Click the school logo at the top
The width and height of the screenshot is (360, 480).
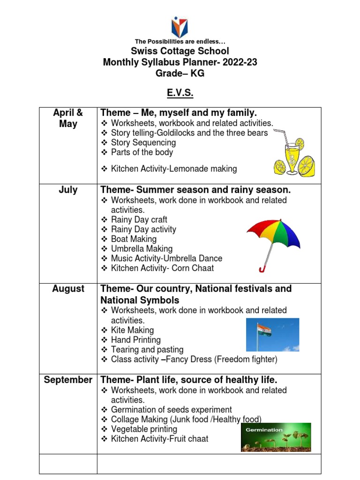[180, 28]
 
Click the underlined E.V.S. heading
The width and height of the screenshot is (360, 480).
[180, 93]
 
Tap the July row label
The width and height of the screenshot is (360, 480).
[68, 190]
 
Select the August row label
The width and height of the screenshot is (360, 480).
[68, 289]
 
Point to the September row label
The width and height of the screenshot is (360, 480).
[68, 380]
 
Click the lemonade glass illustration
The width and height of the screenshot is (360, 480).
[293, 157]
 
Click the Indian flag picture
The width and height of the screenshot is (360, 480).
[272, 335]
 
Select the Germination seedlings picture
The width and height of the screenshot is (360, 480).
[276, 437]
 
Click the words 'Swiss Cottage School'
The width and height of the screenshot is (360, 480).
[180, 51]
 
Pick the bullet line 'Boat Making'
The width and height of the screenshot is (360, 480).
[134, 239]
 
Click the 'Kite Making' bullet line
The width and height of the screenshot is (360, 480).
[132, 330]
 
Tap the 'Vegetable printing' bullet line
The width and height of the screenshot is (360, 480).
[144, 429]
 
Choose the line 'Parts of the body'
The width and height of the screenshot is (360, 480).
[142, 152]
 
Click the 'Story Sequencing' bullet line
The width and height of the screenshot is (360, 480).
[143, 142]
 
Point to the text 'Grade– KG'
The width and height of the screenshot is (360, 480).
[180, 74]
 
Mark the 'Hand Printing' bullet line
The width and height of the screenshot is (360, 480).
[135, 340]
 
